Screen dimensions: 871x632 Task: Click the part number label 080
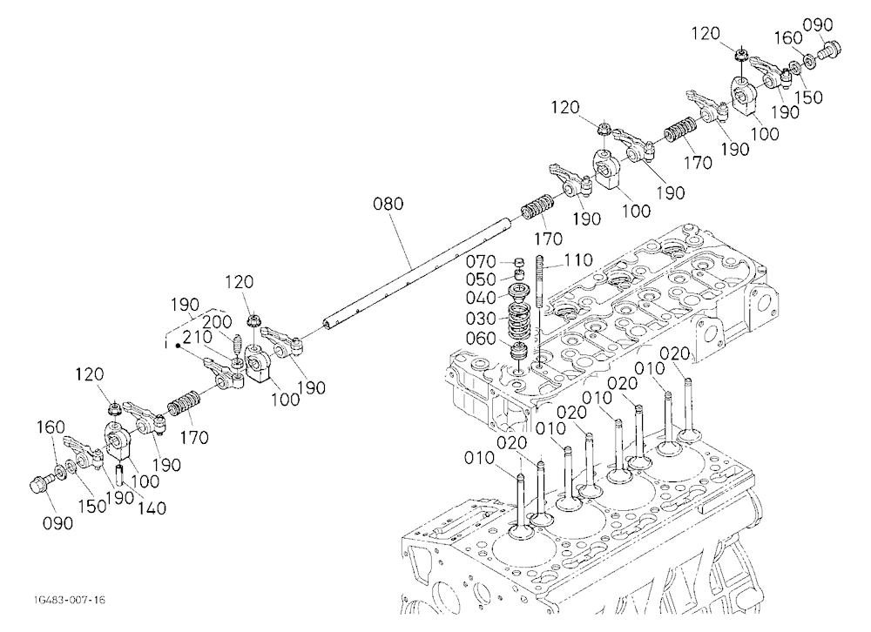pyautogui.click(x=388, y=204)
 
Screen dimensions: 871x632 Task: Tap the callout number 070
pyautogui.click(x=481, y=261)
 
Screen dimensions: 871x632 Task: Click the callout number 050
pyautogui.click(x=481, y=279)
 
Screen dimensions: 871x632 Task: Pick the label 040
pyautogui.click(x=481, y=299)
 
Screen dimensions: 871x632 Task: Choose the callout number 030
pyautogui.click(x=481, y=319)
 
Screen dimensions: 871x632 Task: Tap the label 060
pyautogui.click(x=481, y=339)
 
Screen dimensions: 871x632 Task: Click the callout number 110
pyautogui.click(x=578, y=260)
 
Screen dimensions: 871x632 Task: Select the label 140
pyautogui.click(x=151, y=508)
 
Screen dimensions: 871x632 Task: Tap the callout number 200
pyautogui.click(x=217, y=322)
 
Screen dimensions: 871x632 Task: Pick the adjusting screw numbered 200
pyautogui.click(x=236, y=345)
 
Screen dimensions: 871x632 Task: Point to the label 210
pyautogui.click(x=197, y=338)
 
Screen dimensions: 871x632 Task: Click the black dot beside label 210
pyautogui.click(x=178, y=346)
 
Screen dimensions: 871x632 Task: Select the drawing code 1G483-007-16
pyautogui.click(x=70, y=600)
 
